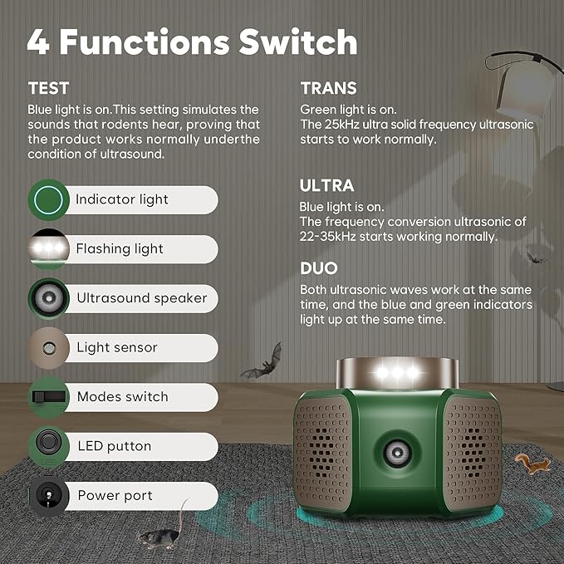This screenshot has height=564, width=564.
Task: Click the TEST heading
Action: tap(48, 88)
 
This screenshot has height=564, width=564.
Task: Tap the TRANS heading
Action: tap(328, 88)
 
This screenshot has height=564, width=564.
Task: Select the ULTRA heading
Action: tap(326, 185)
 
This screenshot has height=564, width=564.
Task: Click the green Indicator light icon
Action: tap(47, 199)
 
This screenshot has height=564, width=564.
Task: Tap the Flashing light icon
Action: tap(47, 248)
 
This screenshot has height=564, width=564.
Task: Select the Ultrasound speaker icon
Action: tap(47, 297)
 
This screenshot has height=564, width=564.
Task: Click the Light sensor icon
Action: tap(47, 347)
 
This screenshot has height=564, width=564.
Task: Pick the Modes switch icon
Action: tap(47, 396)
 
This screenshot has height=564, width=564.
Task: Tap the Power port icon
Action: tap(47, 496)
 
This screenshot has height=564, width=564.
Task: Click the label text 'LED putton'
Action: tap(114, 446)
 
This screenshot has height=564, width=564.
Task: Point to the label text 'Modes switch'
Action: tap(122, 397)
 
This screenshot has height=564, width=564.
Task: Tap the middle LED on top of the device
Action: tap(397, 372)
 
